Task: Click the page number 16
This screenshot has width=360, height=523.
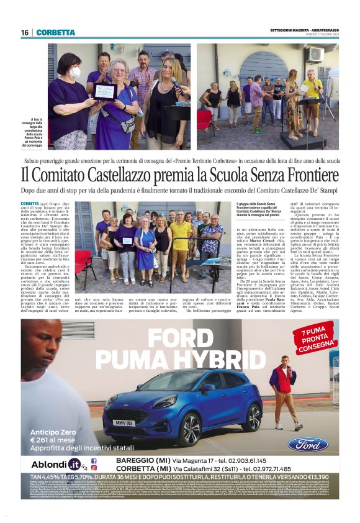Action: pyautogui.click(x=25, y=32)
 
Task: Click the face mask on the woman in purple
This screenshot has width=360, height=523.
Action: pyautogui.click(x=74, y=73)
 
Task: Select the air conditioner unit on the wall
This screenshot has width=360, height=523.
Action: pyautogui.click(x=315, y=55)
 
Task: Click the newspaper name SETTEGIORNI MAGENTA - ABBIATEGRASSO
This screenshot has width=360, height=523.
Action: pyautogui.click(x=304, y=30)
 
